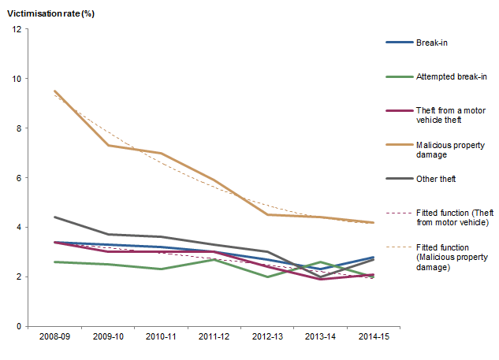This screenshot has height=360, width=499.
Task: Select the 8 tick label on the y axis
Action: click(20, 128)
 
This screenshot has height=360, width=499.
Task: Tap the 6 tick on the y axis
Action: click(20, 178)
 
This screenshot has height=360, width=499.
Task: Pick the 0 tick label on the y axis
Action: click(20, 326)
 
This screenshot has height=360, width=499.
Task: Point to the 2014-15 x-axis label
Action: click(371, 337)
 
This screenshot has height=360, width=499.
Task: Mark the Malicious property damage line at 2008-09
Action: click(54, 91)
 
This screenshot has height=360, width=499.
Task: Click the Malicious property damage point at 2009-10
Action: click(108, 145)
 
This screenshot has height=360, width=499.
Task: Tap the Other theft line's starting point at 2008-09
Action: click(54, 217)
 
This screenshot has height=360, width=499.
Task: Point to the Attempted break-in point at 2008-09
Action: click(54, 262)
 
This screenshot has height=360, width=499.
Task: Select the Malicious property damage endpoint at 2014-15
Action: click(373, 222)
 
